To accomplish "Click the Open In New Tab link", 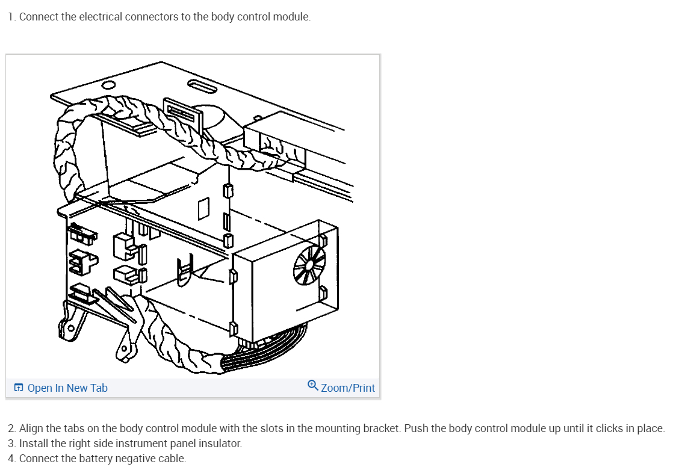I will tap(67, 388).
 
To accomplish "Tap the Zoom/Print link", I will tap(347, 388).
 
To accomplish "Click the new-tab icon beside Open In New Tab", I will tap(19, 388).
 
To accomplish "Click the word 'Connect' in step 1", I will tap(39, 17).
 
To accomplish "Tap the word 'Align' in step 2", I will tap(31, 428).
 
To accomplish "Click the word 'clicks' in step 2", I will tap(601, 428).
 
